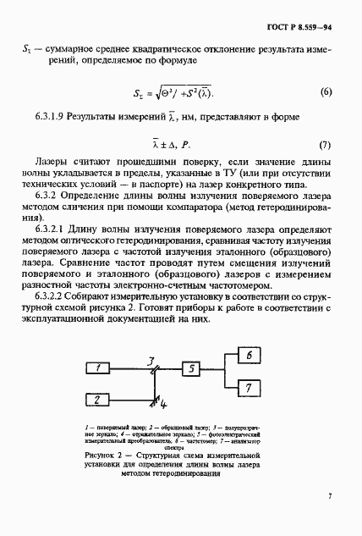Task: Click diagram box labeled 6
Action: tap(251, 356)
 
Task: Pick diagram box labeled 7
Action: tap(251, 387)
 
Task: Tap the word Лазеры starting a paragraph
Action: tap(53, 161)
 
